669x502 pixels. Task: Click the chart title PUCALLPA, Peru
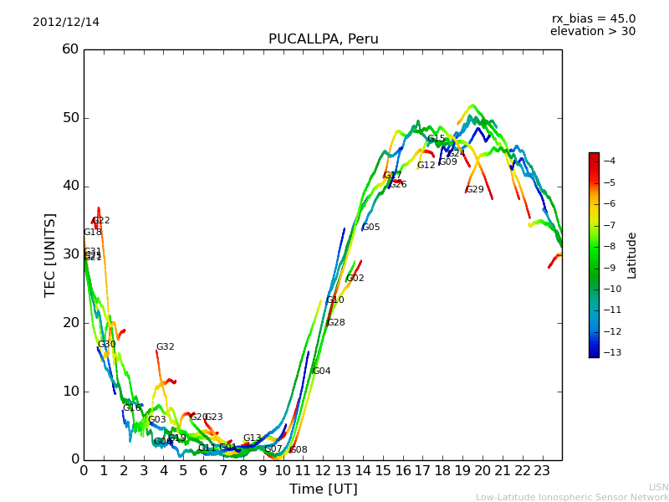point(323,39)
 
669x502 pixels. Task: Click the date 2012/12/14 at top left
point(66,22)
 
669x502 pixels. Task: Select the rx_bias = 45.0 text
point(593,18)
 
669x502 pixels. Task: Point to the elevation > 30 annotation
point(592,32)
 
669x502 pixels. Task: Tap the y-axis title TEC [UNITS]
point(50,254)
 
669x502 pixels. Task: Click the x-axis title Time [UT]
point(323,489)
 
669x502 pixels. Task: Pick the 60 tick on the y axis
point(70,49)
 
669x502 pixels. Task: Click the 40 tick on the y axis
point(70,186)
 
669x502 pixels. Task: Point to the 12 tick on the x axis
point(323,471)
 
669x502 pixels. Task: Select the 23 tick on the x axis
point(542,471)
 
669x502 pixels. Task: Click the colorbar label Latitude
point(632,255)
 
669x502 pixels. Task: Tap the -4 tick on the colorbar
point(610,161)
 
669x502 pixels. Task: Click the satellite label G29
point(475,190)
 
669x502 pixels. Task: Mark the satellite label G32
point(165,347)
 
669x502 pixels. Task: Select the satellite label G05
point(370,228)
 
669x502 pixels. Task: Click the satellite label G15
point(436,139)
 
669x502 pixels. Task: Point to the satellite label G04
point(321,371)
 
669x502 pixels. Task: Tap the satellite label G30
point(106,345)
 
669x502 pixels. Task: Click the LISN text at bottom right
point(658,487)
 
